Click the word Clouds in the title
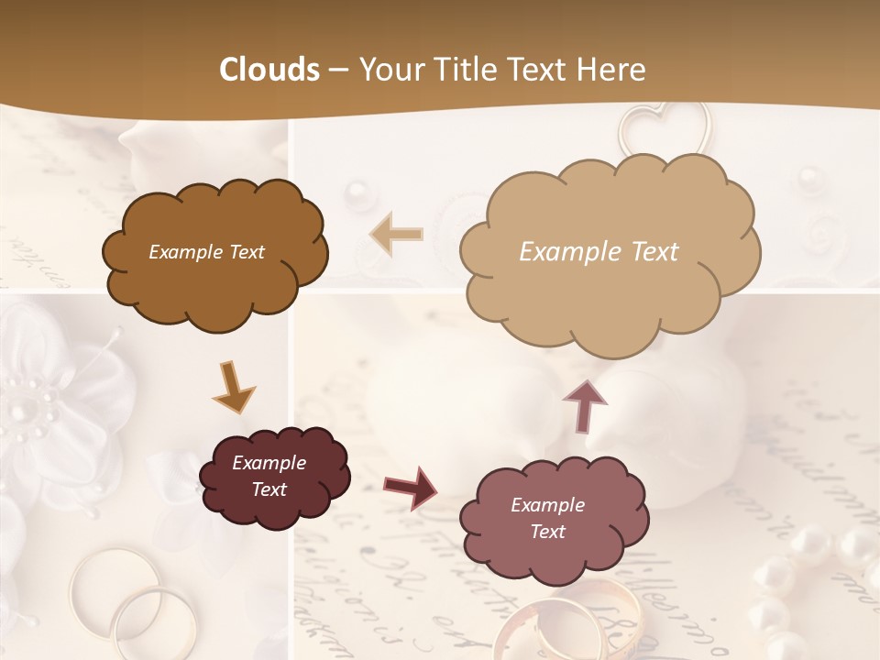269,70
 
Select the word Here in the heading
610,70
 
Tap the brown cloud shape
215,253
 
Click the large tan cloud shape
610,252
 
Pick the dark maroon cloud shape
274,477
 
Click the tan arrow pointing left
396,235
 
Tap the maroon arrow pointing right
410,486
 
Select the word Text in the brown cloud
246,252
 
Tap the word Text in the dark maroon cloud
269,489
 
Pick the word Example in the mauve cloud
547,505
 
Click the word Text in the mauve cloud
547,532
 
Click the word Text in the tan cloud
654,252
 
